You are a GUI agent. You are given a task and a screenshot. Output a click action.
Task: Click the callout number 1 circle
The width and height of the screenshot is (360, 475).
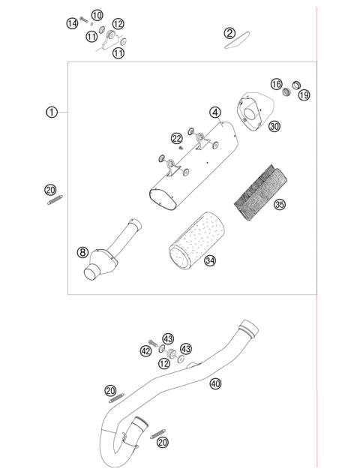coord(51,112)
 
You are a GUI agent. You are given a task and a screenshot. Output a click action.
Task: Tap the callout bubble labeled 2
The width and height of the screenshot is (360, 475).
coord(229,33)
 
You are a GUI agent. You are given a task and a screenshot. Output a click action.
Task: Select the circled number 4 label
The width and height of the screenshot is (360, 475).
coord(215,113)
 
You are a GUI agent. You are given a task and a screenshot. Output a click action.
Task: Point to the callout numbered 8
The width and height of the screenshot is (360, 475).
coord(82,252)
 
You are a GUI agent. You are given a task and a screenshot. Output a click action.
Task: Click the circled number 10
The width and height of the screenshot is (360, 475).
coord(97,16)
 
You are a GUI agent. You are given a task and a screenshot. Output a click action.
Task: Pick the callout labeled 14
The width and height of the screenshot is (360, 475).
coord(72,24)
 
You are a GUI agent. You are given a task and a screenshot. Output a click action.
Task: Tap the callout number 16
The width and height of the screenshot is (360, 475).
coord(277,85)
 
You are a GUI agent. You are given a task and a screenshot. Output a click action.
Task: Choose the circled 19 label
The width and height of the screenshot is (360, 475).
coord(304,95)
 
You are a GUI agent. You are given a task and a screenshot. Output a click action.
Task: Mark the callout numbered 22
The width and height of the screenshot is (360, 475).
coord(176,139)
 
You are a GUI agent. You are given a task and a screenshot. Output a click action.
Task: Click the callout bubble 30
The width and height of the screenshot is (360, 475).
coord(274,128)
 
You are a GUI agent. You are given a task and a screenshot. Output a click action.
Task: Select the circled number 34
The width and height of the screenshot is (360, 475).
coord(210,261)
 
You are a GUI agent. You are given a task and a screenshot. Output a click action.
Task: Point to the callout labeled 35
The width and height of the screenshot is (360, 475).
coord(279,204)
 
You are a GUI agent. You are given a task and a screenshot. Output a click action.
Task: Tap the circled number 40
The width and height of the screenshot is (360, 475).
coord(216,383)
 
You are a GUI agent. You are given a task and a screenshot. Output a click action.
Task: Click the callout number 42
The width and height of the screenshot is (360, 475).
coord(145,350)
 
